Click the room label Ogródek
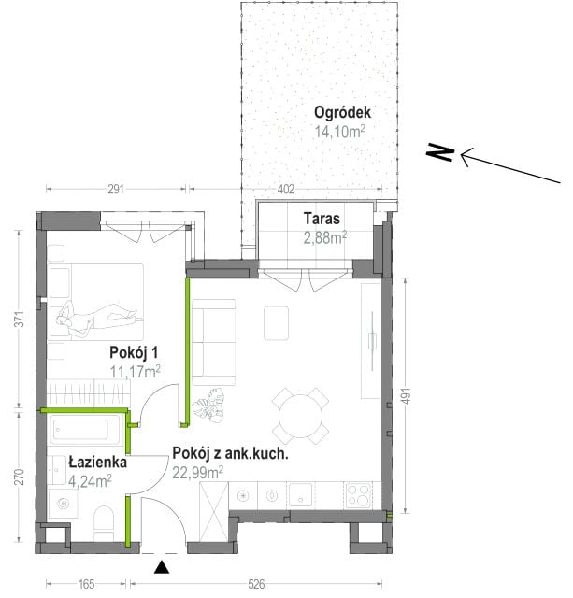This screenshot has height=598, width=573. [x=342, y=113]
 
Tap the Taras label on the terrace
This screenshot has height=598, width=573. [x=322, y=219]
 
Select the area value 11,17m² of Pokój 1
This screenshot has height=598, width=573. [x=135, y=372]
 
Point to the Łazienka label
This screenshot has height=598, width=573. [x=97, y=463]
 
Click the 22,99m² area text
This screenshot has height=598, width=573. [x=197, y=473]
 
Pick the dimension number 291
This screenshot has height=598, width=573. [x=116, y=189]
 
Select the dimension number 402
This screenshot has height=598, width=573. [x=286, y=189]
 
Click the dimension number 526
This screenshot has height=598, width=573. [x=256, y=584]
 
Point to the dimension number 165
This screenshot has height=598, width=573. [x=86, y=584]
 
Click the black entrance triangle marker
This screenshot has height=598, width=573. [x=162, y=567]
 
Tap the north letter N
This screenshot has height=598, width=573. [x=440, y=152]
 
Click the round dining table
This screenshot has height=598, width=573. [x=301, y=417]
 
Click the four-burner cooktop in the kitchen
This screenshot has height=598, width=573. [x=358, y=494]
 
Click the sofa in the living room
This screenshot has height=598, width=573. [x=214, y=342]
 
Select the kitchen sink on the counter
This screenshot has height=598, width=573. [x=301, y=494]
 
